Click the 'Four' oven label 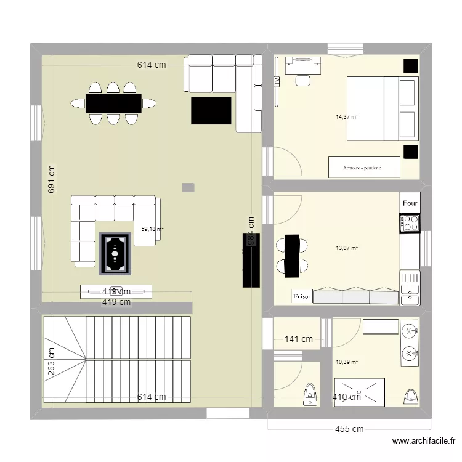[410, 203]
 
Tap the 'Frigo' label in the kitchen [301, 296]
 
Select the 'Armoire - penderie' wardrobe [363, 167]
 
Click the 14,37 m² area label [347, 116]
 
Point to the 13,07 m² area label [347, 249]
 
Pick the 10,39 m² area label [347, 363]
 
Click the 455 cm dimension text [349, 429]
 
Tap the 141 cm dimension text [298, 339]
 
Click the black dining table [113, 103]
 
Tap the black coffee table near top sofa [211, 110]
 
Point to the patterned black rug [116, 253]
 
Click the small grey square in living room [188, 187]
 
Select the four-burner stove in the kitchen [410, 223]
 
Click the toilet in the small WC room [311, 395]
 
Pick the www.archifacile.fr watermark [424, 441]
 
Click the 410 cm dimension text [346, 397]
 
